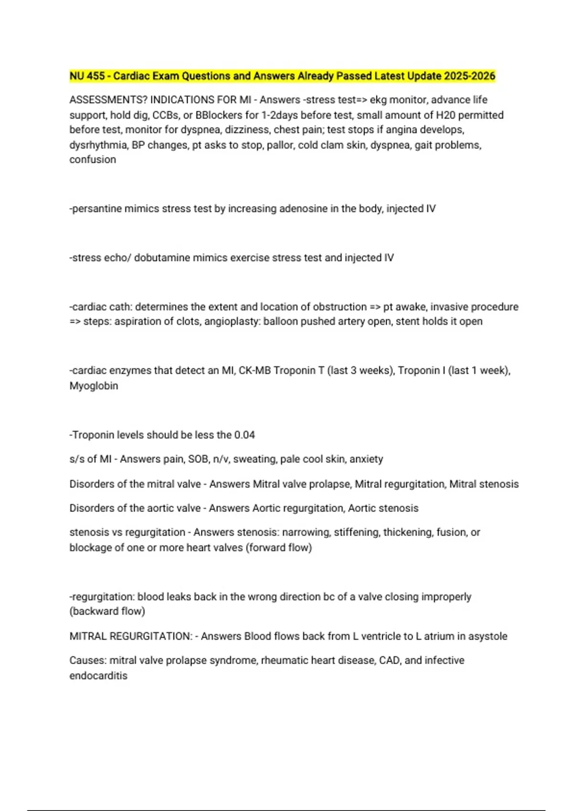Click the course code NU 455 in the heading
click(x=87, y=76)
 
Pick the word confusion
click(x=93, y=160)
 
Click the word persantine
click(x=96, y=209)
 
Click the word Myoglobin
click(x=94, y=386)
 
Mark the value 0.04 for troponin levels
click(x=244, y=435)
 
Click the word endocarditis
click(x=98, y=676)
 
